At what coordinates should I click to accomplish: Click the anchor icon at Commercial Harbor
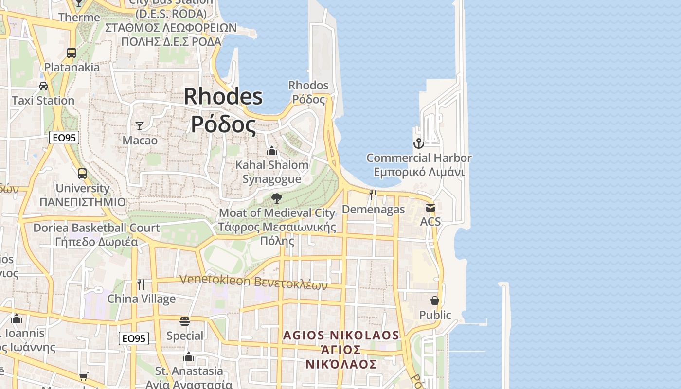[x=418, y=143]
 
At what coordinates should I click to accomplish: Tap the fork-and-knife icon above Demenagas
[x=373, y=195]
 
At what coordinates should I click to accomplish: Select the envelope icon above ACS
[x=430, y=208]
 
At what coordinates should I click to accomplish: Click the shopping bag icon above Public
[x=435, y=301]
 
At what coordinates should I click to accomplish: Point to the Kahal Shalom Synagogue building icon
[x=272, y=151]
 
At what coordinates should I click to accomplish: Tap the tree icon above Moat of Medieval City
[x=277, y=198]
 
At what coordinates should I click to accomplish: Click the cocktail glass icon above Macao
[x=140, y=126]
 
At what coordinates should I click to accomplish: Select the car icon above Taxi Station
[x=43, y=86]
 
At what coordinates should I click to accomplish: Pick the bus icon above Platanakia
[x=72, y=53]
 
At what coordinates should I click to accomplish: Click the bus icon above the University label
[x=82, y=174]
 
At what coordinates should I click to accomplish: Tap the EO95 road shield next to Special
[x=134, y=338]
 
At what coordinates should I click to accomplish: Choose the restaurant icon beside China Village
[x=141, y=284]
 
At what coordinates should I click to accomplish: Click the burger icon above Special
[x=185, y=321]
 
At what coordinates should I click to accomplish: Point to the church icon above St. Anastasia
[x=189, y=357]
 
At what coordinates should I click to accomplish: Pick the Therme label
[x=79, y=18]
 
